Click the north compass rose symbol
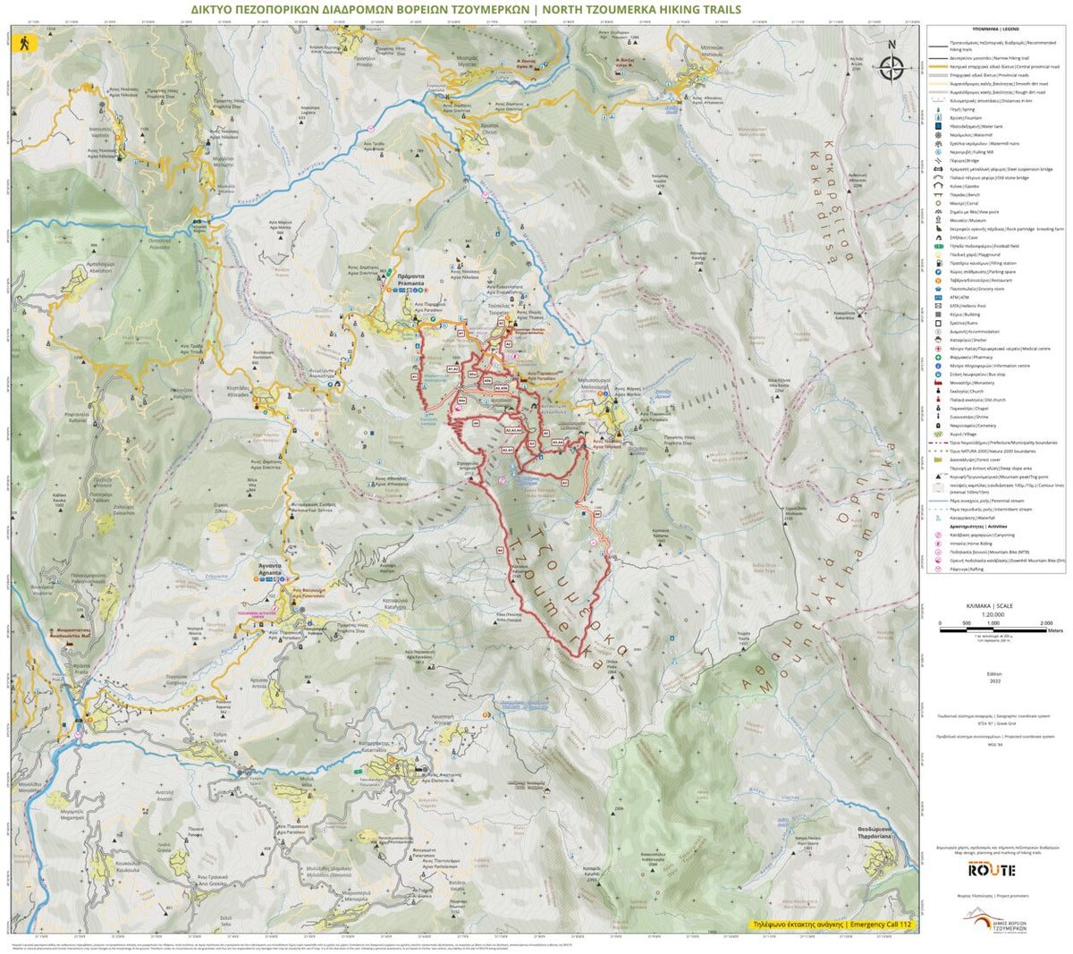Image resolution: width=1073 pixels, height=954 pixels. coord(891,67)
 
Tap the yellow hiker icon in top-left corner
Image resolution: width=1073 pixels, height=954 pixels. coord(21,42)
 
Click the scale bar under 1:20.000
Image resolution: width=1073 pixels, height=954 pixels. coord(992,631)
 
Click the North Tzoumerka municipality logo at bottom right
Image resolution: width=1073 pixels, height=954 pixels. coord(994,920)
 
